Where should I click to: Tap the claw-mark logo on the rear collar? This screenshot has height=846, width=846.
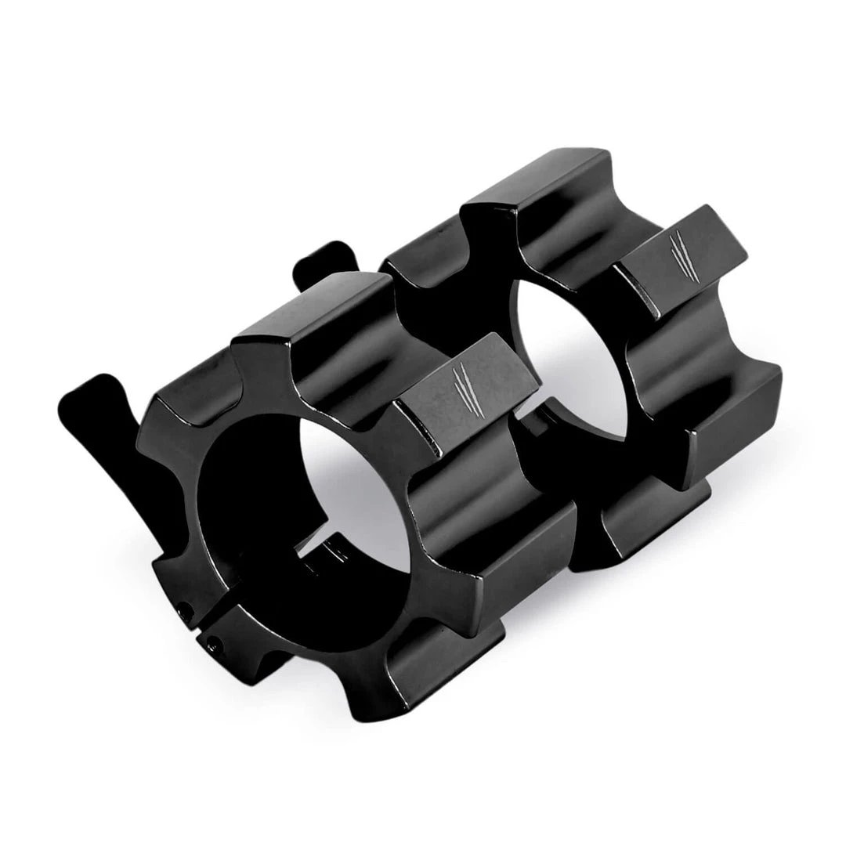[678, 255]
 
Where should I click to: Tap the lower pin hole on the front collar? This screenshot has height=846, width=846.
[212, 644]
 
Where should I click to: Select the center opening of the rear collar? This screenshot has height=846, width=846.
[564, 345]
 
